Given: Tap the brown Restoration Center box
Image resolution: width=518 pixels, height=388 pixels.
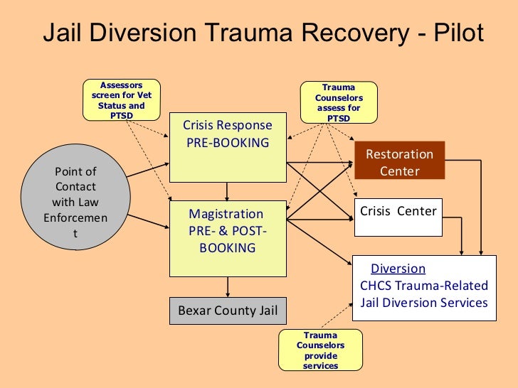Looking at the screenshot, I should [399, 163].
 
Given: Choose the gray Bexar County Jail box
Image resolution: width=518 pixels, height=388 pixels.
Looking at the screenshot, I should [228, 311].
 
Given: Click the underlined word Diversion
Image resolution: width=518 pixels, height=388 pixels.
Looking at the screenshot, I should [398, 269].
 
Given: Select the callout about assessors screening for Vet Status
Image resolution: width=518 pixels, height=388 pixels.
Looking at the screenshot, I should [122, 100].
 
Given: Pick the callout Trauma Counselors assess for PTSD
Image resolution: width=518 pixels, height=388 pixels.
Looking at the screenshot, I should [339, 102].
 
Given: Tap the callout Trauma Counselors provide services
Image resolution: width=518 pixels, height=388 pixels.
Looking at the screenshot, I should [319, 350].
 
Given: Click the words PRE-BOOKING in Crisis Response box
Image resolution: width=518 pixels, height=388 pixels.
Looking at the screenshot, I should [228, 143].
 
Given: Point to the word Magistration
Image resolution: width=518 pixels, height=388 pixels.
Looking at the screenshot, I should [226, 214].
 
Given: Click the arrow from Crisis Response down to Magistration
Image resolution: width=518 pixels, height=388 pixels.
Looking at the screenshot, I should [228, 192].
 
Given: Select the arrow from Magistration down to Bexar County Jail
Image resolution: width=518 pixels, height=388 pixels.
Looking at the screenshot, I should [228, 286].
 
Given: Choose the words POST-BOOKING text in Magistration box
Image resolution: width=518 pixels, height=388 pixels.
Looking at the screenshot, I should [228, 239].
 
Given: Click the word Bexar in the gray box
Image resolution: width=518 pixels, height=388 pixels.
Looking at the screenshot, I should [194, 311].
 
